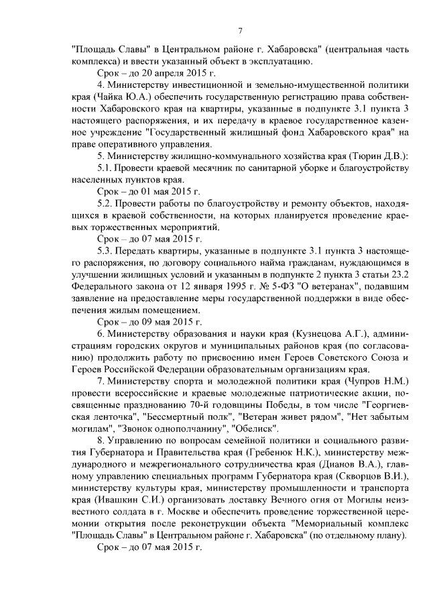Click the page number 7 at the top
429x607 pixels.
[x=239, y=30]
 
